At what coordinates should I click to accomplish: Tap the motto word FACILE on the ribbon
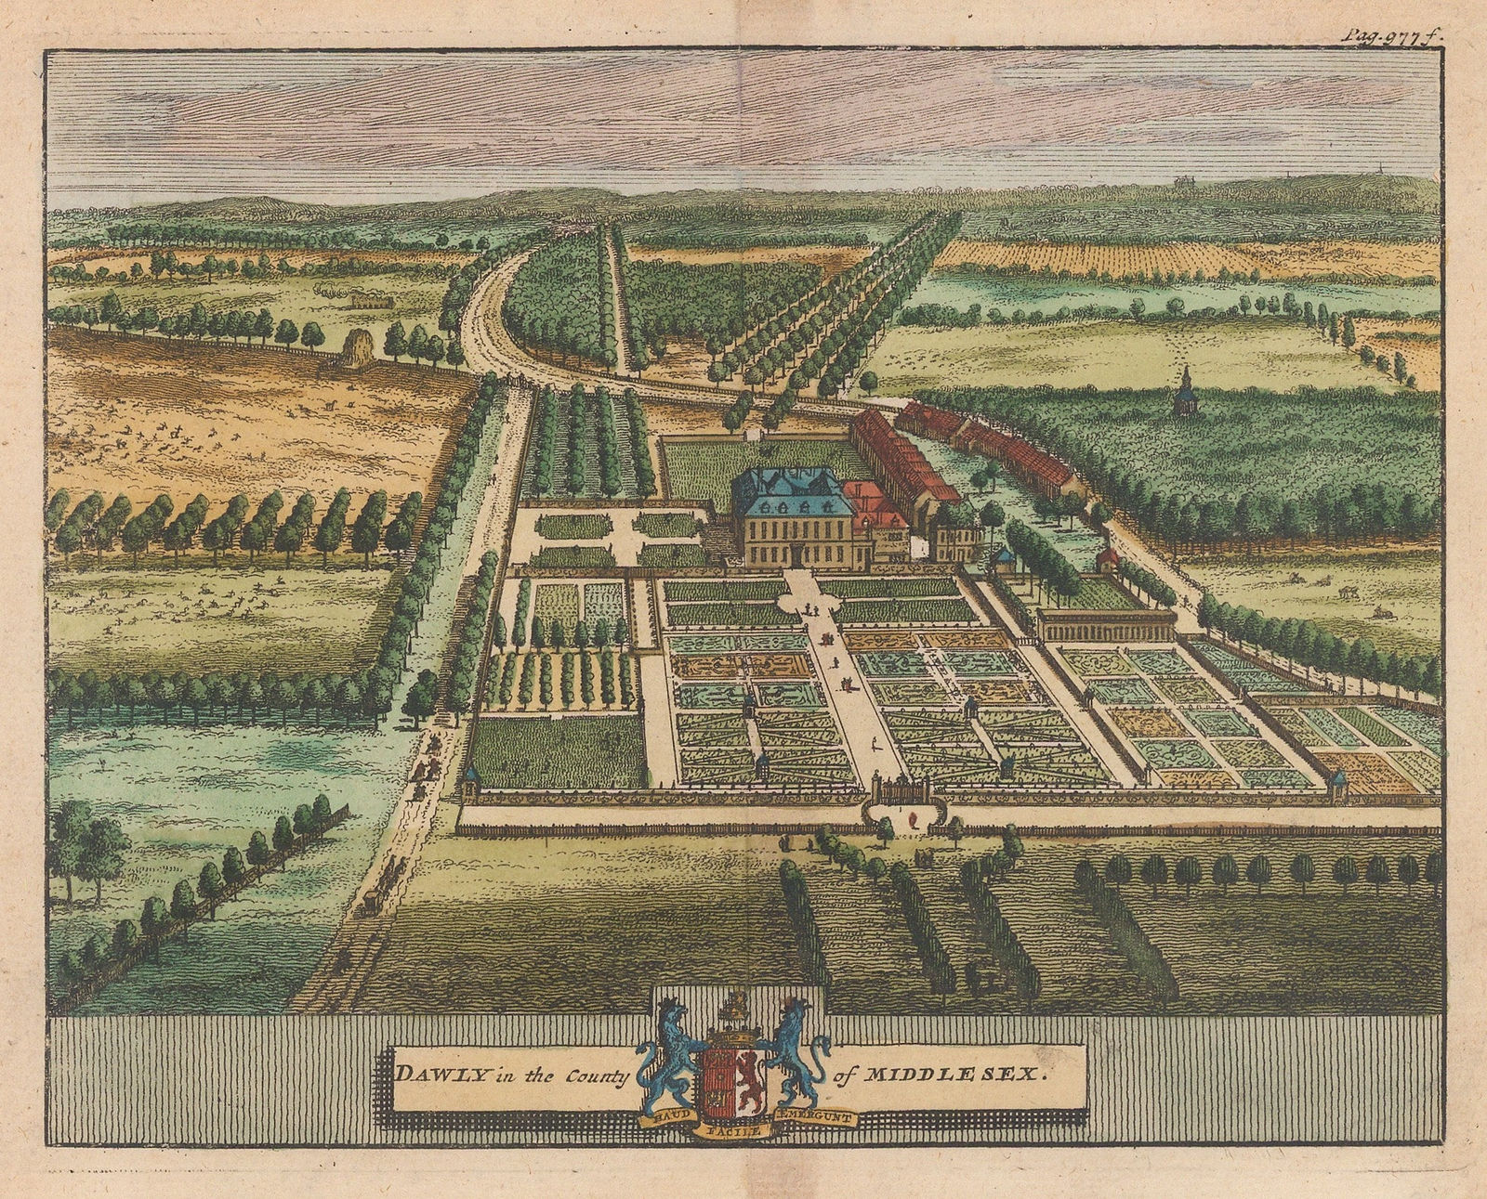coord(734,1131)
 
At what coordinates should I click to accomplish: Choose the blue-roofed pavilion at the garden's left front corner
coord(471,776)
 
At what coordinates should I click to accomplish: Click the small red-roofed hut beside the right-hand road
coord(1106,558)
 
